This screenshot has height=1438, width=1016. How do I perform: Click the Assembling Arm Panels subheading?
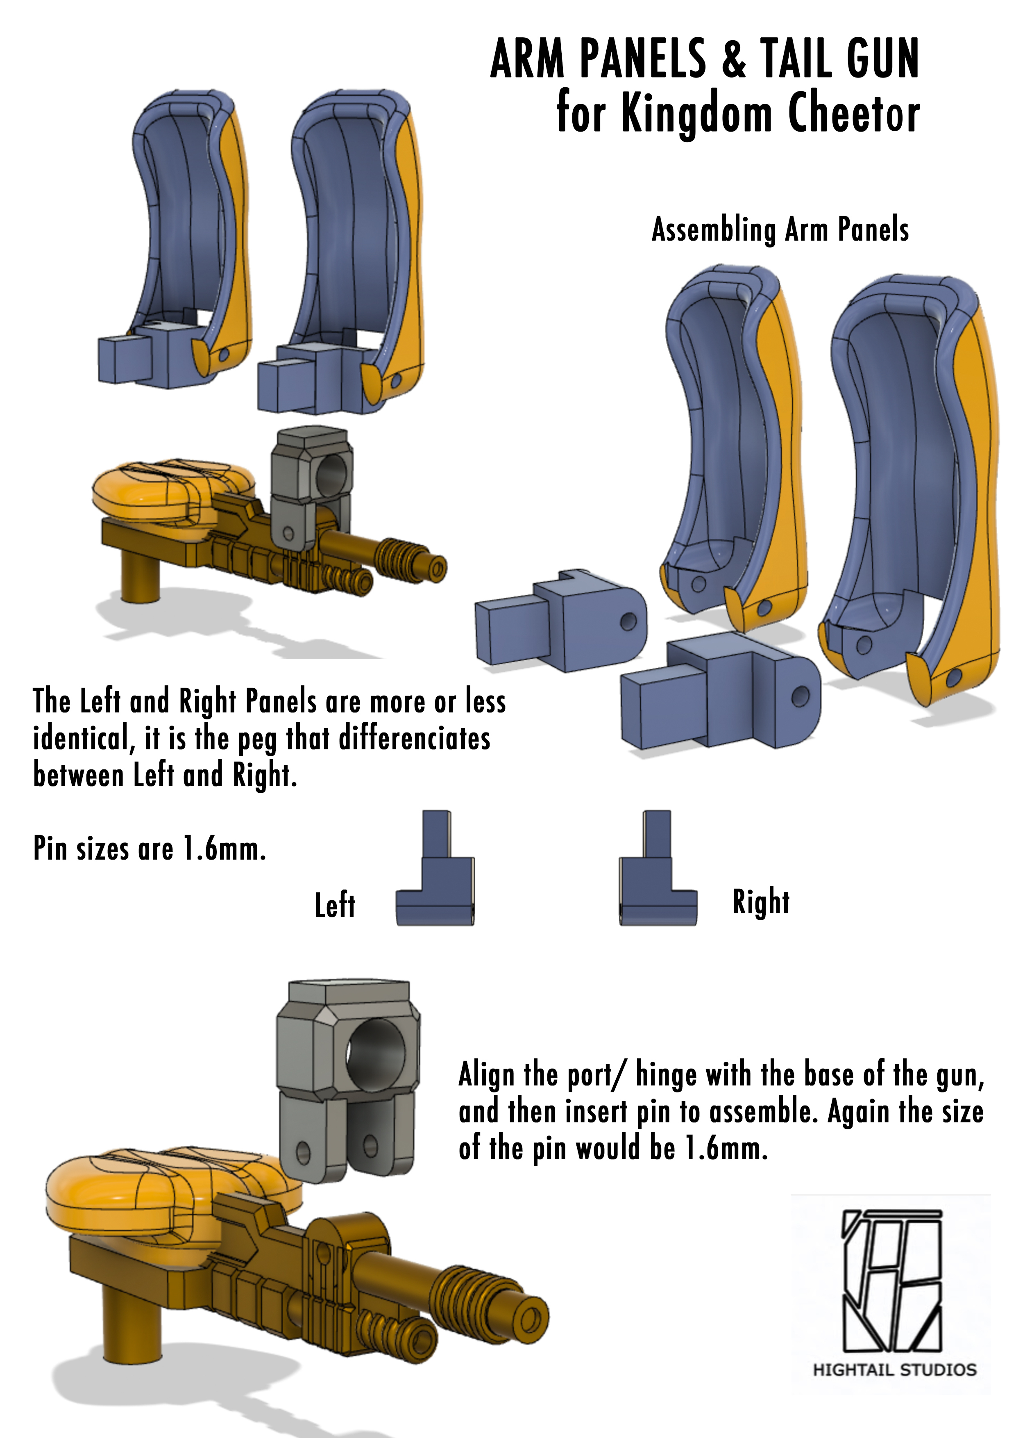tap(780, 229)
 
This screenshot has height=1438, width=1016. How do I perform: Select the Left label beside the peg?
tap(335, 905)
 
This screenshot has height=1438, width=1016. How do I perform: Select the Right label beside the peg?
tap(761, 903)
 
